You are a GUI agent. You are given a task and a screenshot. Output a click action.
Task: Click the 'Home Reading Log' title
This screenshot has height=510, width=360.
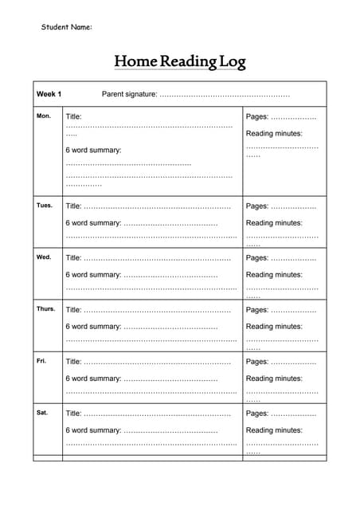[x=180, y=61]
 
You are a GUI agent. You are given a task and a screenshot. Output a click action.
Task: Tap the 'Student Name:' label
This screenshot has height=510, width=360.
[x=67, y=27]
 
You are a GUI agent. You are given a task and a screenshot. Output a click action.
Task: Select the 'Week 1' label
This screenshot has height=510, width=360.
[x=49, y=94]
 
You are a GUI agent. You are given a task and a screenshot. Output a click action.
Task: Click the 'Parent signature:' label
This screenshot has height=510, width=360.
[x=130, y=94]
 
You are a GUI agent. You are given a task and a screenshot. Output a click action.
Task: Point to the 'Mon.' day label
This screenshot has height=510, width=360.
[x=44, y=116]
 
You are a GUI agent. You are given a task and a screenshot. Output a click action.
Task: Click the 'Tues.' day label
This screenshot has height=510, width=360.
[x=45, y=206]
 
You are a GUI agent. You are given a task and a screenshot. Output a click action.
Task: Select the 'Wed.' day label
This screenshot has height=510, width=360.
[x=44, y=257]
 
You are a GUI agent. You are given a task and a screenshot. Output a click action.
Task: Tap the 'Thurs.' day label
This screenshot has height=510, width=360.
[x=46, y=309]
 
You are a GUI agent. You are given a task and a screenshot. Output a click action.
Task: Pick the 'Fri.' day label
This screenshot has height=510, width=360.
[x=42, y=361]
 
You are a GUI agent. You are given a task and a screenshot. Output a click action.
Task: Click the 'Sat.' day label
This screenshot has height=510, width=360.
[x=42, y=413]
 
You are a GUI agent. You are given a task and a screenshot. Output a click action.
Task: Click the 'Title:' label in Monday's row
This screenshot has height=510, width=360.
[x=74, y=116]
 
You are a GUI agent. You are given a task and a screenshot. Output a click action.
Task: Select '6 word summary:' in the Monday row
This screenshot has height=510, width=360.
[x=93, y=150]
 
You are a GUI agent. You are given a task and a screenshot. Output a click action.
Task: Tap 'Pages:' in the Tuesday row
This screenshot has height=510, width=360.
[x=257, y=206]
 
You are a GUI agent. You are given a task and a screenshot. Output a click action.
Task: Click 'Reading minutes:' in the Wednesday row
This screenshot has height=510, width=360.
[x=274, y=275]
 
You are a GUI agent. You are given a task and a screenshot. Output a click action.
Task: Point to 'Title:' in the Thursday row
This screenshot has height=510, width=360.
[x=74, y=310]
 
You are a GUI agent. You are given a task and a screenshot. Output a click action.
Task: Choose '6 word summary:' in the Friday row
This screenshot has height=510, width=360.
[x=93, y=379]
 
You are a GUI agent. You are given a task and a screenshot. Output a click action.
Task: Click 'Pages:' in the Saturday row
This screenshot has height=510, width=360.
[x=257, y=414]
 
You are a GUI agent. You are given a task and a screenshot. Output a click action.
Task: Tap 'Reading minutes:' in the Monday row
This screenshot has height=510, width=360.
[x=274, y=133]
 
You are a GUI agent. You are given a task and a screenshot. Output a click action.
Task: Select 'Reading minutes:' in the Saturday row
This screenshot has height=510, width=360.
[x=274, y=430]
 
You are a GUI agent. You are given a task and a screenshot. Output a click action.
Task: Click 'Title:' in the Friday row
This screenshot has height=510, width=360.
[x=74, y=362]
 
